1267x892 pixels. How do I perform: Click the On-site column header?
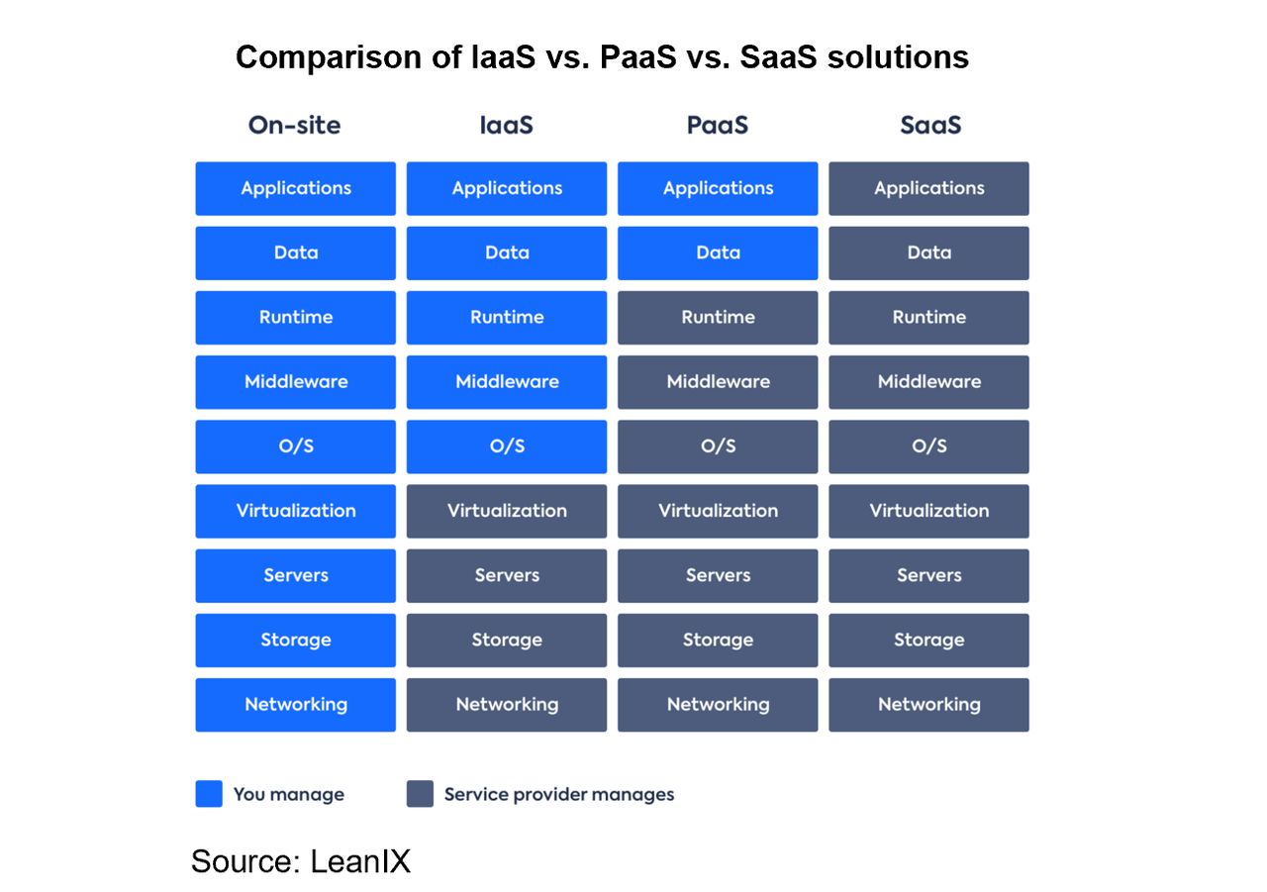pyautogui.click(x=295, y=126)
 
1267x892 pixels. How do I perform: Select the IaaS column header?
pyautogui.click(x=507, y=126)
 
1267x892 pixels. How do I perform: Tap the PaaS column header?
pyautogui.click(x=718, y=126)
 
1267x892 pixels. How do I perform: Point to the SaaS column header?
pyautogui.click(x=929, y=126)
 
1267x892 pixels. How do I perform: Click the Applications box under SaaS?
pyautogui.click(x=928, y=188)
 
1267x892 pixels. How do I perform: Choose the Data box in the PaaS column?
pyautogui.click(x=718, y=252)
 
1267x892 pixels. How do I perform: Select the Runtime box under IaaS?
pyautogui.click(x=507, y=317)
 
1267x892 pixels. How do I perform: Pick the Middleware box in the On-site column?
pyautogui.click(x=295, y=382)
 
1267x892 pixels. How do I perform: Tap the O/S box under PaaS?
pyautogui.click(x=718, y=446)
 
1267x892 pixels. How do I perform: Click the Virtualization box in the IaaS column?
pyautogui.click(x=507, y=511)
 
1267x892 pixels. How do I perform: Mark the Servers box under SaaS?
pyautogui.click(x=928, y=575)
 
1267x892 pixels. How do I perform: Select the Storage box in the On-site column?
pyautogui.click(x=295, y=640)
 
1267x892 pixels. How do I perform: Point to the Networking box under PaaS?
pyautogui.click(x=718, y=705)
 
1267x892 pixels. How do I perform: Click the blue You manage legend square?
pyautogui.click(x=209, y=794)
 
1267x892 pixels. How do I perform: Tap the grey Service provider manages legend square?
pyautogui.click(x=420, y=794)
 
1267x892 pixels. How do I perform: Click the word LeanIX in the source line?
pyautogui.click(x=360, y=860)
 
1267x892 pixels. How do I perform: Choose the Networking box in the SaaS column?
pyautogui.click(x=928, y=705)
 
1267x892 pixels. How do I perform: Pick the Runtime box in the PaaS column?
pyautogui.click(x=718, y=317)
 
